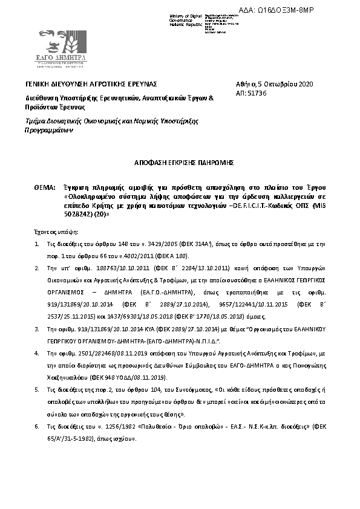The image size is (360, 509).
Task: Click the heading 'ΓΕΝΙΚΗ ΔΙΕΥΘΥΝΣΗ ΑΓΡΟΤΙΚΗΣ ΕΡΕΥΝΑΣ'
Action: pos(91,83)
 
